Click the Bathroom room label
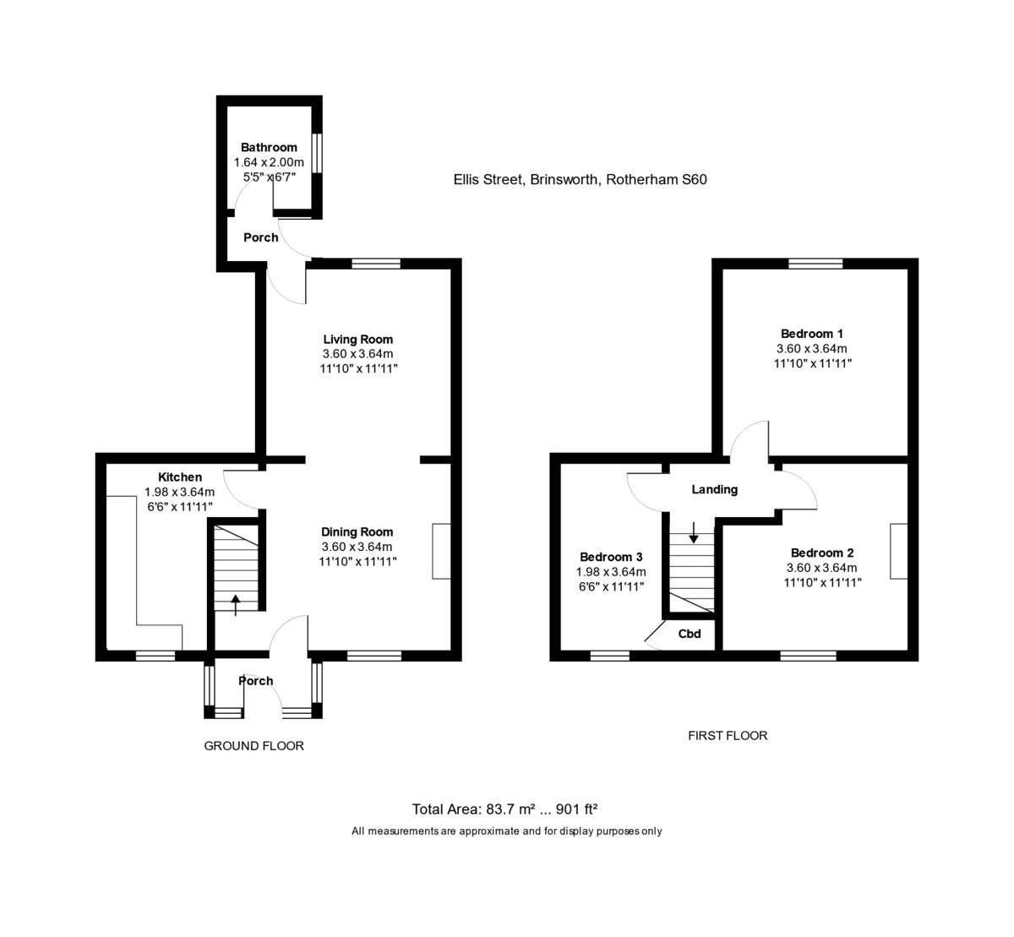(269, 148)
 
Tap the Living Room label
(358, 340)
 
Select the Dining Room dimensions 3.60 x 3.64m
(357, 547)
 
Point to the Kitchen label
(180, 477)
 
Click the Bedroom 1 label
(812, 334)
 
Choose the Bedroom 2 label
(822, 553)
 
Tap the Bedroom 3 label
(611, 557)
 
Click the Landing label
(714, 490)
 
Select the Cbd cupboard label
(690, 634)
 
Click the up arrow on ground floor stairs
(236, 605)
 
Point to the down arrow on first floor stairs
(694, 532)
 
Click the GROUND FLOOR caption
(253, 746)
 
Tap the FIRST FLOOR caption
(728, 736)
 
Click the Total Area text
(504, 809)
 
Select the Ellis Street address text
(580, 180)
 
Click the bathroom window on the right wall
(317, 153)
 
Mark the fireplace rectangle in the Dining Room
(442, 552)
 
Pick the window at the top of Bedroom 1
(815, 264)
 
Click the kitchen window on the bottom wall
(155, 656)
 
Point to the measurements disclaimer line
(506, 831)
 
